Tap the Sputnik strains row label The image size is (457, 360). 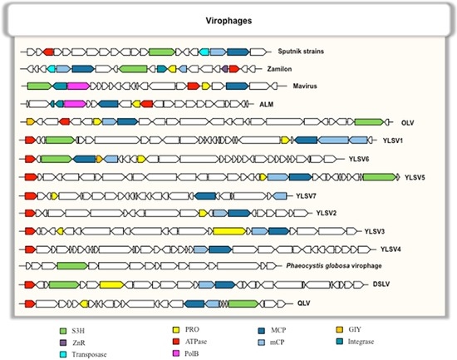click(301, 52)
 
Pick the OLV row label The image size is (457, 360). click(409, 122)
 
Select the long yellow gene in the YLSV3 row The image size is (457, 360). click(230, 230)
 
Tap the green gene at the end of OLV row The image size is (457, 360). click(368, 122)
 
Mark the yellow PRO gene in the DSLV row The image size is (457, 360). click(111, 284)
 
